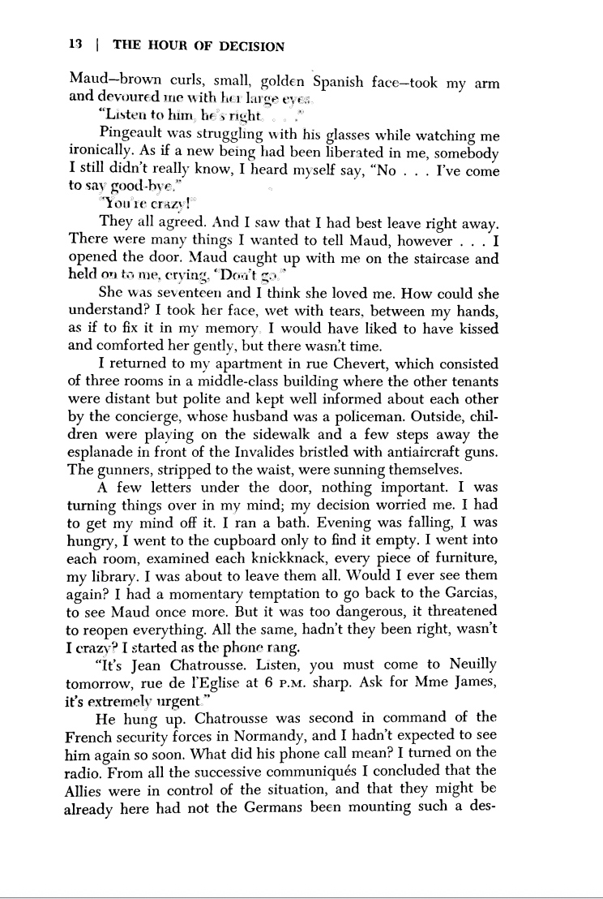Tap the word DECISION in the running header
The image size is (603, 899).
point(251,46)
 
